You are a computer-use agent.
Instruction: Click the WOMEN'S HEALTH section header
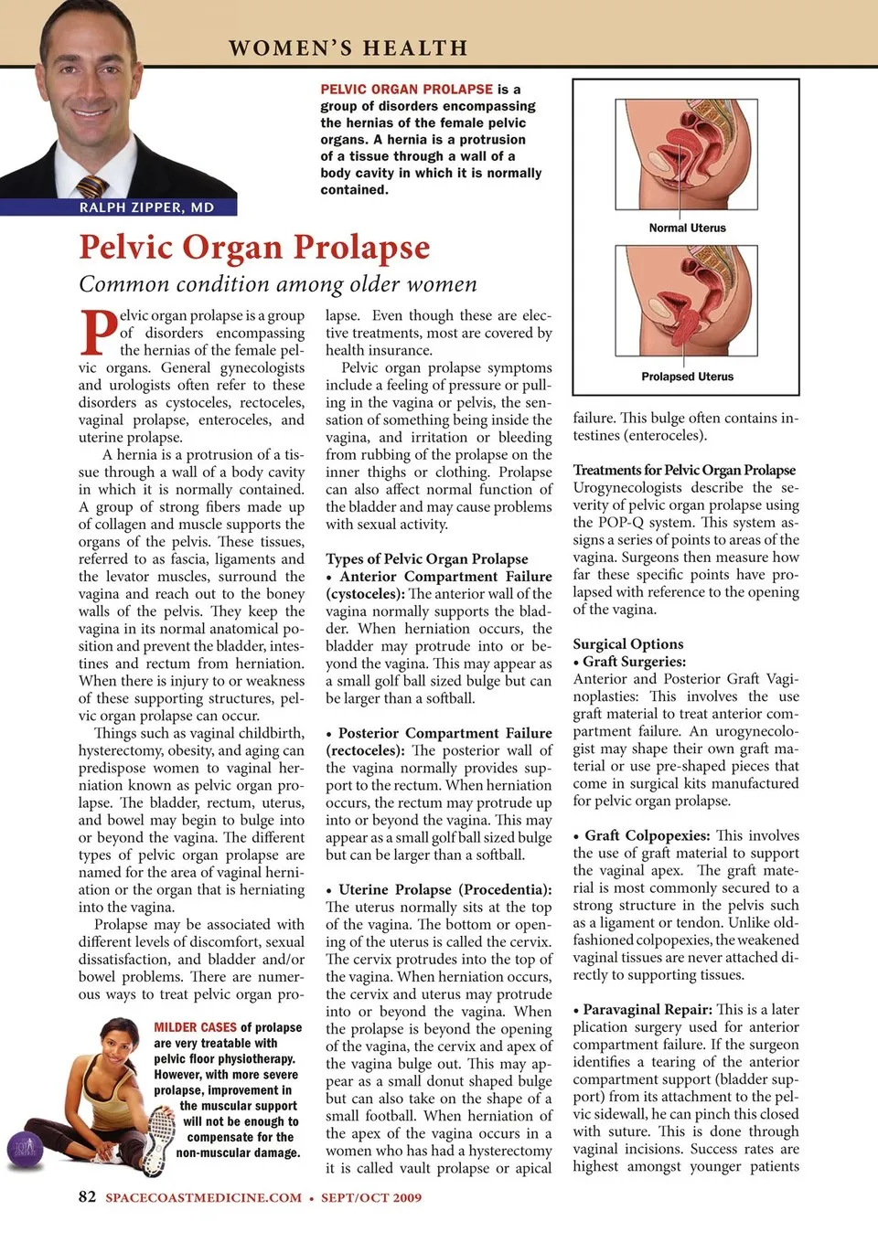pos(348,48)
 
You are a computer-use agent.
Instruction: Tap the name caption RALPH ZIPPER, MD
pos(146,207)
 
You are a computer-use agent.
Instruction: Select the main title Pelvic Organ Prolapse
pos(254,248)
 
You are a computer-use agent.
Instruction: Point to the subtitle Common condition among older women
pos(277,284)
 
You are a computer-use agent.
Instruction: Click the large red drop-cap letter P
pos(98,333)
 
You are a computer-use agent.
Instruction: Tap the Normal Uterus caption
pos(687,228)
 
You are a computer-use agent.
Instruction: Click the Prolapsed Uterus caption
pos(687,377)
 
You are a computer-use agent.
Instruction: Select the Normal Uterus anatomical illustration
pos(687,156)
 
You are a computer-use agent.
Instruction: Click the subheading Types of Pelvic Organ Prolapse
pos(426,559)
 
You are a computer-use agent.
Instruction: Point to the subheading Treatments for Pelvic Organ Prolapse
pos(684,471)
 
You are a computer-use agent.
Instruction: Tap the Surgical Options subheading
pos(628,644)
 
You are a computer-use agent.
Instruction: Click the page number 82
pos(87,1197)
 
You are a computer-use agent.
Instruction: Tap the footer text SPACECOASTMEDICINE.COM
pos(203,1198)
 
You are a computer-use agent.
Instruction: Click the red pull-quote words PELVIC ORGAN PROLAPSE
pos(406,90)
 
